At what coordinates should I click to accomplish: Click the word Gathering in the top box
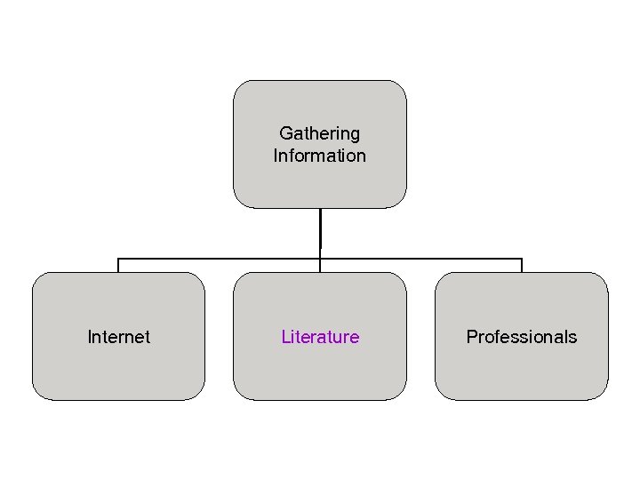[x=319, y=133]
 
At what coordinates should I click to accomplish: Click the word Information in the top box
[x=319, y=156]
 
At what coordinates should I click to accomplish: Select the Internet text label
[x=118, y=337]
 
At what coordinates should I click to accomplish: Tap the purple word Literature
[x=320, y=337]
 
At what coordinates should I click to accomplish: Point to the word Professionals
[x=522, y=337]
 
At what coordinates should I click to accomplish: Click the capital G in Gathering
[x=286, y=133]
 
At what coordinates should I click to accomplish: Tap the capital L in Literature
[x=285, y=337]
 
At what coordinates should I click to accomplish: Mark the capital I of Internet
[x=90, y=337]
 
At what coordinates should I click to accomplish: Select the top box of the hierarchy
[x=319, y=102]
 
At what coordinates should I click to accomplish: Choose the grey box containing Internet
[x=118, y=373]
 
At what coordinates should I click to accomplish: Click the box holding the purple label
[x=320, y=373]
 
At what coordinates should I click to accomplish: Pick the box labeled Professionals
[x=522, y=373]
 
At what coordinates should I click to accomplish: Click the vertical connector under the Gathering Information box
[x=320, y=231]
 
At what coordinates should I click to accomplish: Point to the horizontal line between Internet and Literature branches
[x=219, y=259]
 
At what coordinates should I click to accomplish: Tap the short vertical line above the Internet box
[x=118, y=266]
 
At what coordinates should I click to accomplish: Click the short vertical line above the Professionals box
[x=522, y=266]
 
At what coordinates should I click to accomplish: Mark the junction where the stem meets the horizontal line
[x=320, y=259]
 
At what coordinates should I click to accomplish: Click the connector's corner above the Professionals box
[x=522, y=259]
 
